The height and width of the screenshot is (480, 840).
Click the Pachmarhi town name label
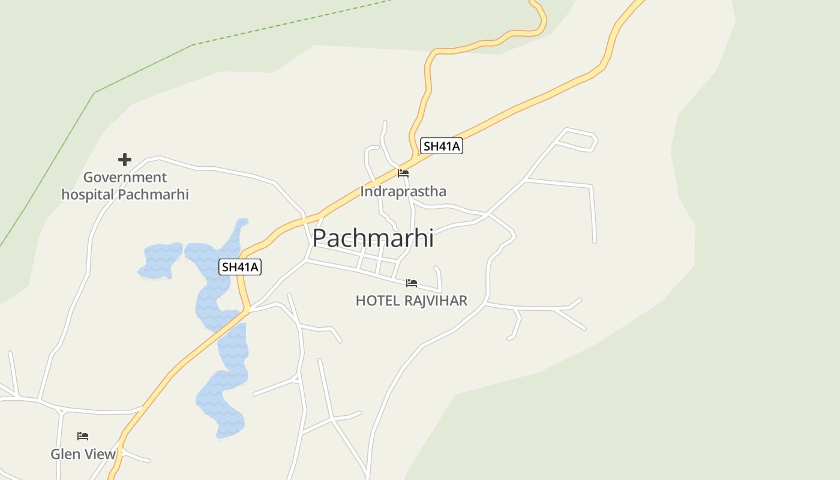tap(373, 238)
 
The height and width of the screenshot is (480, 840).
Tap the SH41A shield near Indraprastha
tap(441, 146)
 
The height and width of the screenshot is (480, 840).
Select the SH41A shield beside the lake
tap(241, 267)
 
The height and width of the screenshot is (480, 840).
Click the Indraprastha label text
tap(403, 191)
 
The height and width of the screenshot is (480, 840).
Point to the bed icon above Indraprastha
tap(403, 173)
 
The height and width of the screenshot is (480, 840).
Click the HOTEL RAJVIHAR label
tap(412, 301)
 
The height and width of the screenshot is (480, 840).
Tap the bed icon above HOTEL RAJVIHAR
tap(412, 283)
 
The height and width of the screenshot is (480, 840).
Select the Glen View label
tap(83, 454)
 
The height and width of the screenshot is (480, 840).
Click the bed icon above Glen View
tap(83, 436)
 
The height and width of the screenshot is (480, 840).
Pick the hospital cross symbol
tap(125, 160)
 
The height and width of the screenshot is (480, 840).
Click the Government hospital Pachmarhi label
tap(125, 186)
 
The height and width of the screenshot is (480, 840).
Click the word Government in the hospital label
tap(125, 178)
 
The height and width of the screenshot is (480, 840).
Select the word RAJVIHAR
tap(436, 301)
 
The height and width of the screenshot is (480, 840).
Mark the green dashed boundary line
tap(144, 68)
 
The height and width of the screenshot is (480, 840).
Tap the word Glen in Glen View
tap(64, 454)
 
